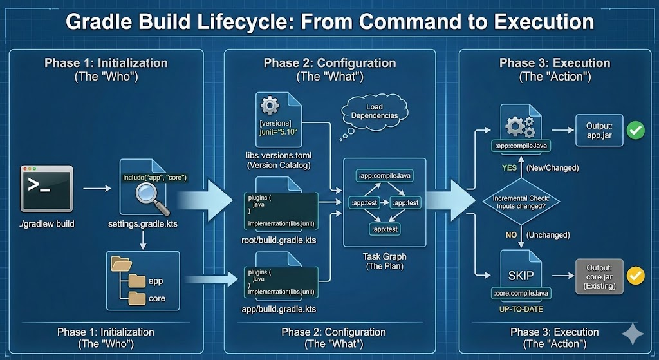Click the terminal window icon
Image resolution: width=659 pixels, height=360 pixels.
(47, 188)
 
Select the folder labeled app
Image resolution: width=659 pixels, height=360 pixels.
(136, 281)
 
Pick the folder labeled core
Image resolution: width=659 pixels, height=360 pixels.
(136, 298)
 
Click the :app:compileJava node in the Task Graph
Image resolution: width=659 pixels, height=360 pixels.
(384, 175)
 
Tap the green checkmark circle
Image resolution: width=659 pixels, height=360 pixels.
(636, 131)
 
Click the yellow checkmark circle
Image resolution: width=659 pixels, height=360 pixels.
(636, 276)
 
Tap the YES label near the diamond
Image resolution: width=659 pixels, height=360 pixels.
(510, 167)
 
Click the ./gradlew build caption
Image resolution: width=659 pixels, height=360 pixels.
(47, 224)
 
